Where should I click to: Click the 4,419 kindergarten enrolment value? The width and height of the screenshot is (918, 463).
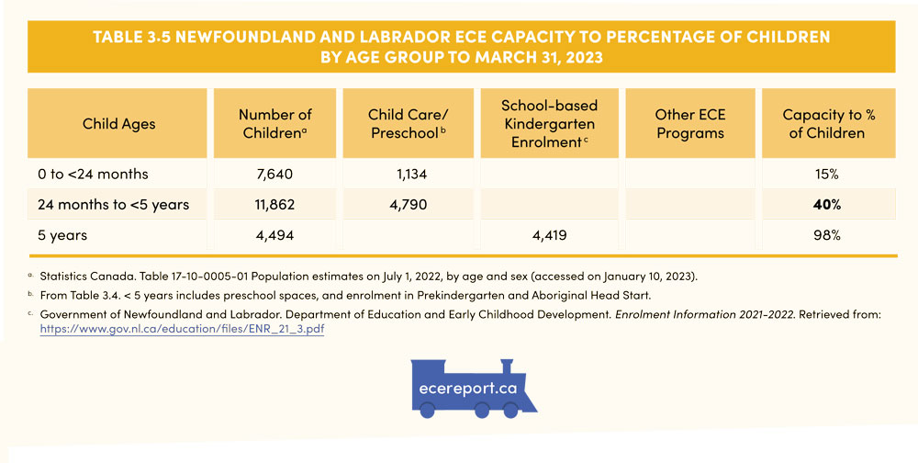548,235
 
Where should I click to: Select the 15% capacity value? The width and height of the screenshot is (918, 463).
823,174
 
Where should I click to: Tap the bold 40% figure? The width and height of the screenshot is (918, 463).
823,204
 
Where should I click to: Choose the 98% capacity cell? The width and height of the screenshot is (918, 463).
823,235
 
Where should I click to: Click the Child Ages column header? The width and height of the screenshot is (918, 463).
119,124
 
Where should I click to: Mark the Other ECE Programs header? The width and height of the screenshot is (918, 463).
690,124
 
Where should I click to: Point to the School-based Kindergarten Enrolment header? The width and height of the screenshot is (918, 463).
549,124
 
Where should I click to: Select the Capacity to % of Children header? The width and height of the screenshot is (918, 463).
823,124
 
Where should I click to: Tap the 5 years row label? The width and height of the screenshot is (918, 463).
63,235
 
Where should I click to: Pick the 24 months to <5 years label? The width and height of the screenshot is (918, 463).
114,204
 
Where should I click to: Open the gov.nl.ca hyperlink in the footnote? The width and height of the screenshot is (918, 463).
182,330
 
